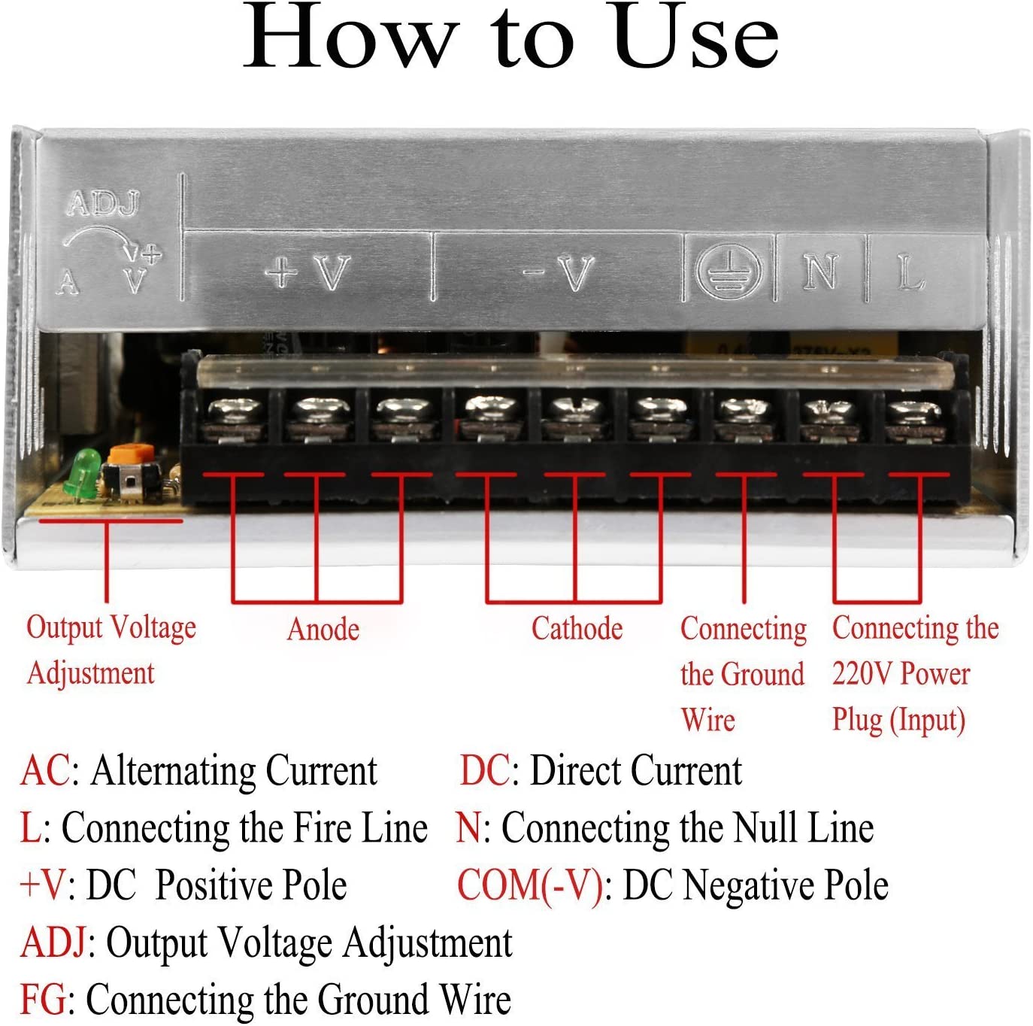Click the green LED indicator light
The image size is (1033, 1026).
coord(81,472)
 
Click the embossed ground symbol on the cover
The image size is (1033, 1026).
coord(729,270)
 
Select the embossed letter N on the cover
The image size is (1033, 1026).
coord(820,271)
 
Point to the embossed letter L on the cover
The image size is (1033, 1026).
coord(910,272)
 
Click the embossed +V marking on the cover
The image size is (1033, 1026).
coord(308,272)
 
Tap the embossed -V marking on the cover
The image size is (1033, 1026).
coord(559,272)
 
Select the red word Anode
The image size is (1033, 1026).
coord(323,629)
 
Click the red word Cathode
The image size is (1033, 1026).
coord(577,629)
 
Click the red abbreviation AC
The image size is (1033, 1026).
coord(46,770)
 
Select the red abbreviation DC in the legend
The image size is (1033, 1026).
coord(485,770)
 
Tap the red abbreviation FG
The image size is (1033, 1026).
coord(44,998)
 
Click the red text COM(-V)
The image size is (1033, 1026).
coord(530,885)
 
